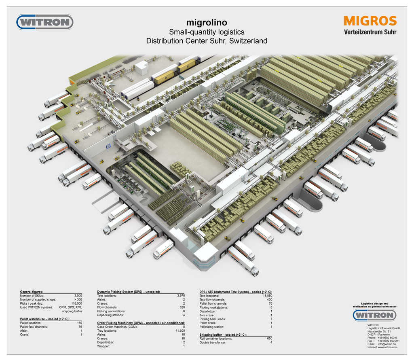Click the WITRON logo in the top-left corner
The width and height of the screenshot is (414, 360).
point(45,22)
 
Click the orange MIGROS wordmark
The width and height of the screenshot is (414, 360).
point(370,21)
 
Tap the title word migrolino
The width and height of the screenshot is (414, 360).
point(207,22)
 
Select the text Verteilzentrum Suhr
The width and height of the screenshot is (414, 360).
point(370,32)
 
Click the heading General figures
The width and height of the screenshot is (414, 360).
point(32,292)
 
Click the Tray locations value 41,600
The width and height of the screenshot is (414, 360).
point(178,331)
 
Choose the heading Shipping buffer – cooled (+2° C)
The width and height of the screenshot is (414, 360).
point(223,335)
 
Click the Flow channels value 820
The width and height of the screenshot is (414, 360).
point(181,307)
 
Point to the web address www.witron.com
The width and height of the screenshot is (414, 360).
point(388,347)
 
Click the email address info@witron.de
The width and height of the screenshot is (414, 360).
point(387,344)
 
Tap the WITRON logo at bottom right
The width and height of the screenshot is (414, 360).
point(374,315)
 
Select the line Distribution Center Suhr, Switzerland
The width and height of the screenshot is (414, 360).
point(207,41)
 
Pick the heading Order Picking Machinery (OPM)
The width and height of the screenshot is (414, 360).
point(141,323)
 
